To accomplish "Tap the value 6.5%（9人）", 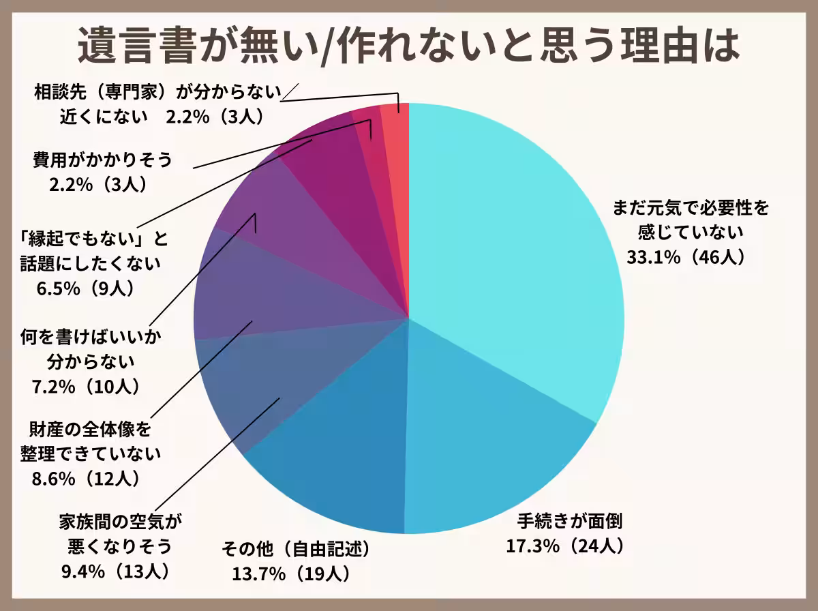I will pyautogui.click(x=85, y=286).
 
